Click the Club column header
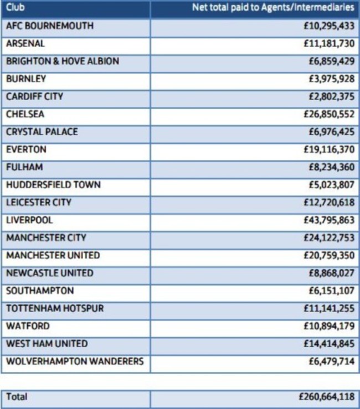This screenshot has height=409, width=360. [16, 8]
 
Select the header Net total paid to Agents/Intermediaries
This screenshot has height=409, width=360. [273, 8]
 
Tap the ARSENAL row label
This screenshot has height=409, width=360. [25, 43]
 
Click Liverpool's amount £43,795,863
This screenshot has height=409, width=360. [329, 220]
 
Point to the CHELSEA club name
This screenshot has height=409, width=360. [25, 114]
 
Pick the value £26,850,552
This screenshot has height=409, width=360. [329, 114]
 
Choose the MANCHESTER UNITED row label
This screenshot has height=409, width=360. [53, 256]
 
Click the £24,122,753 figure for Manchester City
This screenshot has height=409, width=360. [329, 238]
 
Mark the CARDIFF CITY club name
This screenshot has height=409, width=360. [35, 96]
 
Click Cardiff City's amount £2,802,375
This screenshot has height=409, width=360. [331, 96]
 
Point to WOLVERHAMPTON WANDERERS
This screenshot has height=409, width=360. [75, 362]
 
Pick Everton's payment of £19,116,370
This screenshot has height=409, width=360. [329, 149]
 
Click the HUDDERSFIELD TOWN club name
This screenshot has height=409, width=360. [54, 185]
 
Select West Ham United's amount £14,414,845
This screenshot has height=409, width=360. [329, 344]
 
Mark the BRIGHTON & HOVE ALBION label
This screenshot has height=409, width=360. [63, 61]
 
